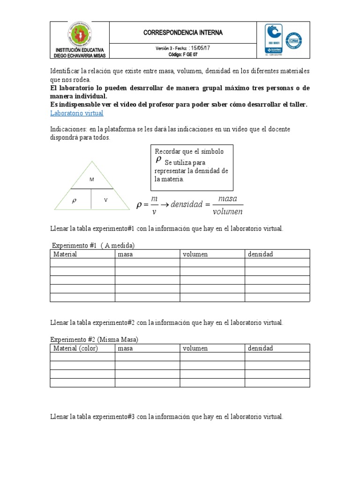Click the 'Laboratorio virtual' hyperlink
click(76, 113)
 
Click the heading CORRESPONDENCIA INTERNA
click(183, 32)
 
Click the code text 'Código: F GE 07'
click(183, 54)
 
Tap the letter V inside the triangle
click(106, 200)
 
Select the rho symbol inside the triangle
click(73, 200)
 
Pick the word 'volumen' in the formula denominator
click(228, 211)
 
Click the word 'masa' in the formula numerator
click(228, 198)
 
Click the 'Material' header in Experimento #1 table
click(65, 254)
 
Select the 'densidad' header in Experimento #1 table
click(260, 254)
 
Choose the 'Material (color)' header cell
click(75, 348)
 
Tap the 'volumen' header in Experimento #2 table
click(195, 348)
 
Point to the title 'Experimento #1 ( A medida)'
click(93, 245)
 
